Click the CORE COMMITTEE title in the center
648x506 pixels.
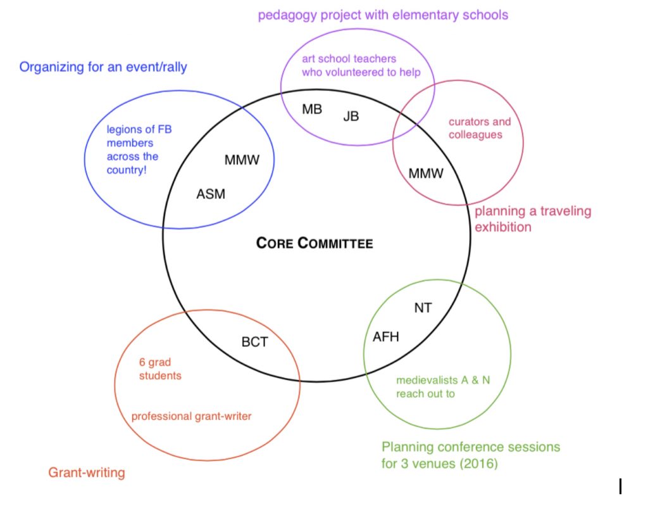pos(315,243)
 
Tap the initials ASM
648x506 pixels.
pos(211,194)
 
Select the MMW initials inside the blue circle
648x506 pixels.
pos(242,160)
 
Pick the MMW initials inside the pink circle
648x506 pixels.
pos(426,173)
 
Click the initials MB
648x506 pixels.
pos(312,109)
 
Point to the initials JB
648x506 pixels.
pos(351,117)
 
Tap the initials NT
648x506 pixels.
pos(423,308)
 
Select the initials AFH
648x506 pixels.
pos(386,337)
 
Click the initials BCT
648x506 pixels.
pos(254,342)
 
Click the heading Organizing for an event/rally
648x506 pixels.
pos(103,67)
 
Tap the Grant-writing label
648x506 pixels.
pos(86,472)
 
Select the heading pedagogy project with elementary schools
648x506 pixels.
pos(383,15)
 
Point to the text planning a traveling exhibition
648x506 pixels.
pos(533,219)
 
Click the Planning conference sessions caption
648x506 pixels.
pos(471,455)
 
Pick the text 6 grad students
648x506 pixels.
pos(160,369)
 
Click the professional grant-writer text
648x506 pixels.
pos(191,416)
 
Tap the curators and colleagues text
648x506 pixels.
pos(480,129)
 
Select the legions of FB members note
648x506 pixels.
pos(139,149)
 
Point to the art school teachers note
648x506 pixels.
pos(361,65)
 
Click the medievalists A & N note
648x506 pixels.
pos(443,387)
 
